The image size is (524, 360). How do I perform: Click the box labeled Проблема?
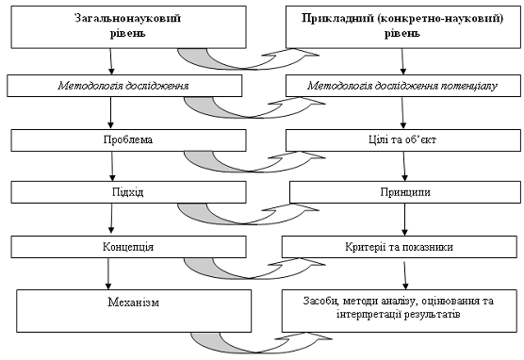(x=129, y=140)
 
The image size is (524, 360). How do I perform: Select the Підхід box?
(x=129, y=192)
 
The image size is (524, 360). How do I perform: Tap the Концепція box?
(x=129, y=247)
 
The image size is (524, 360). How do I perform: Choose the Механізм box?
(x=134, y=311)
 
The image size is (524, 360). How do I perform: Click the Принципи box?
(x=405, y=192)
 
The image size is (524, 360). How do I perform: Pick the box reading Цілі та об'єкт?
(x=403, y=140)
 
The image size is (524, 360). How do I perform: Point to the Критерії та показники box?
(x=400, y=247)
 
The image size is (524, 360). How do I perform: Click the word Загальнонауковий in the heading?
(x=127, y=18)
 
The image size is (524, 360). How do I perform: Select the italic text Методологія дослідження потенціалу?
(x=402, y=86)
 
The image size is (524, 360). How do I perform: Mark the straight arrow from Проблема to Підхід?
(x=112, y=167)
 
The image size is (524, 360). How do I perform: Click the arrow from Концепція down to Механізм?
(x=108, y=273)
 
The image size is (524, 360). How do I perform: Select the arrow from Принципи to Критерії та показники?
(x=404, y=220)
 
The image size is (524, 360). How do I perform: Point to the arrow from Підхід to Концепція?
(x=111, y=220)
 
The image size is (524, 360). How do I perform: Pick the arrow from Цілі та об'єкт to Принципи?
(x=404, y=167)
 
